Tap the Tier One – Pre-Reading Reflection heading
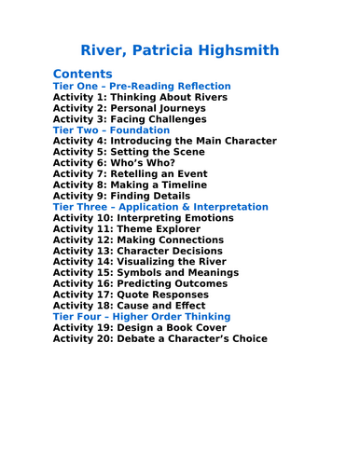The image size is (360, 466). tap(142, 87)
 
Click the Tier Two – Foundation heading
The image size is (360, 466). tap(111, 130)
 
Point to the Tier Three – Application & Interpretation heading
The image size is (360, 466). tap(160, 207)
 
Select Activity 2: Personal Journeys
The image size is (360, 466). tap(129, 108)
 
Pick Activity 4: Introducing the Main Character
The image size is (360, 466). tap(164, 141)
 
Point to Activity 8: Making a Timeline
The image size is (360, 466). tap(136, 185)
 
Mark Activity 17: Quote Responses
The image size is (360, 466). tap(137, 295)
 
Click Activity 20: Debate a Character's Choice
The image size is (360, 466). tap(159, 339)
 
